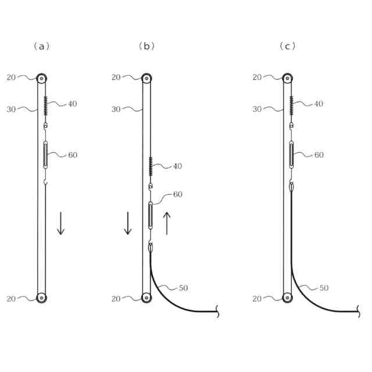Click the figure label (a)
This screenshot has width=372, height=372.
tap(42, 46)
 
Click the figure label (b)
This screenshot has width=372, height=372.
tap(146, 46)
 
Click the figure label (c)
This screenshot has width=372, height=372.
tap(288, 46)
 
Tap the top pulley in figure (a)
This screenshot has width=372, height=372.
tap(42, 78)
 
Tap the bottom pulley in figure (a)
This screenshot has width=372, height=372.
tap(42, 298)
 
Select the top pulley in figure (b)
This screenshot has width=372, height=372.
tap(146, 78)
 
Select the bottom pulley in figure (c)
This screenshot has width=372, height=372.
tap(288, 298)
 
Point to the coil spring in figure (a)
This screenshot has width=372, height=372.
tap(45, 106)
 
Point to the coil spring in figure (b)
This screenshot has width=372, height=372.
tap(151, 166)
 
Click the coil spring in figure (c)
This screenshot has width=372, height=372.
tap(291, 106)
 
